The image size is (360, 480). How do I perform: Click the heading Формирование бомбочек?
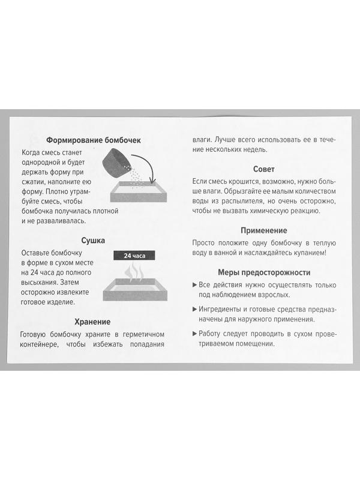93,140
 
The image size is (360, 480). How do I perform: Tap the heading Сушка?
93,241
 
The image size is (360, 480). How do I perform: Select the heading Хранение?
93,321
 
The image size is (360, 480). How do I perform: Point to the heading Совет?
264,169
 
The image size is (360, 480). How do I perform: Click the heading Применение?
264,230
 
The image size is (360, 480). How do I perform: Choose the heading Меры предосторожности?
264,271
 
